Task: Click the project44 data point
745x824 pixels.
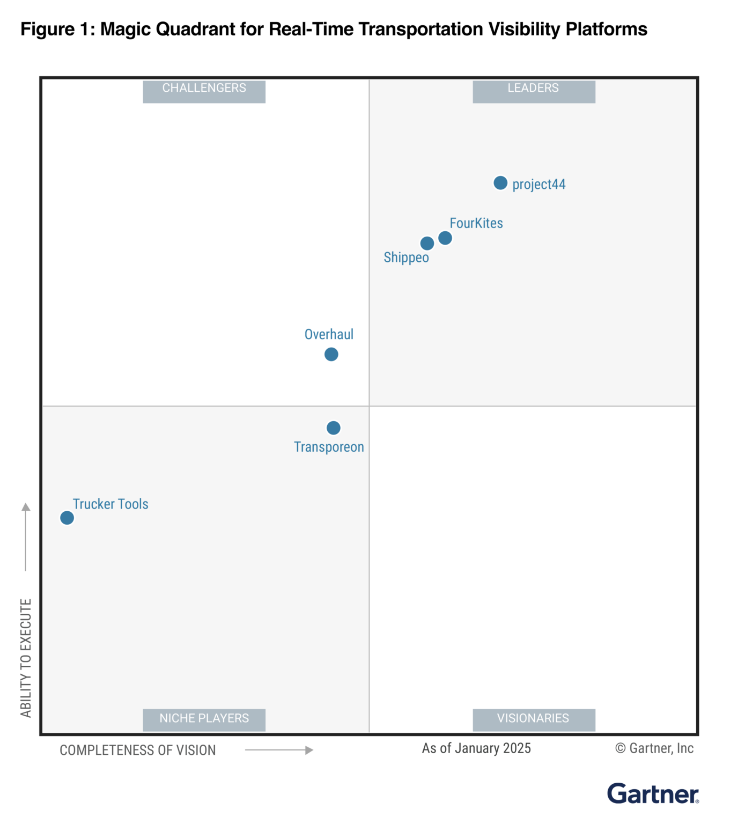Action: click(x=500, y=183)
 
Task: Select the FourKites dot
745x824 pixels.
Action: click(x=445, y=238)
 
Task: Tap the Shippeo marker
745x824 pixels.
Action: click(x=427, y=244)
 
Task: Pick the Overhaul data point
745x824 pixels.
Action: click(x=331, y=354)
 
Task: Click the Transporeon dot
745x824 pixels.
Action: click(x=334, y=428)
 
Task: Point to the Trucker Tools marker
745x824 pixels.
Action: click(x=67, y=518)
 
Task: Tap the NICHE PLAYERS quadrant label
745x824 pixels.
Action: click(x=204, y=719)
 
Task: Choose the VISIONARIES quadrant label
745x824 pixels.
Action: click(x=534, y=719)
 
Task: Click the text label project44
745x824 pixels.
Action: click(x=539, y=185)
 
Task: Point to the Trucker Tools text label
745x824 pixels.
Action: click(x=110, y=504)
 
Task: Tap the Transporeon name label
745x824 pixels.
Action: click(x=329, y=447)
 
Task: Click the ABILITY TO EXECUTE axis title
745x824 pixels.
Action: click(x=26, y=658)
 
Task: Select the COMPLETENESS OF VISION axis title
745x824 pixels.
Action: click(x=138, y=750)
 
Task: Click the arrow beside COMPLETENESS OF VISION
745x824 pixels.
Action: click(x=279, y=750)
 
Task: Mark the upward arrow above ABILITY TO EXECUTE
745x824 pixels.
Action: click(x=26, y=536)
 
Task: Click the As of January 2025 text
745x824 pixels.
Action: click(x=476, y=748)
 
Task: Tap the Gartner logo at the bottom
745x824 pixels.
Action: click(x=653, y=793)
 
